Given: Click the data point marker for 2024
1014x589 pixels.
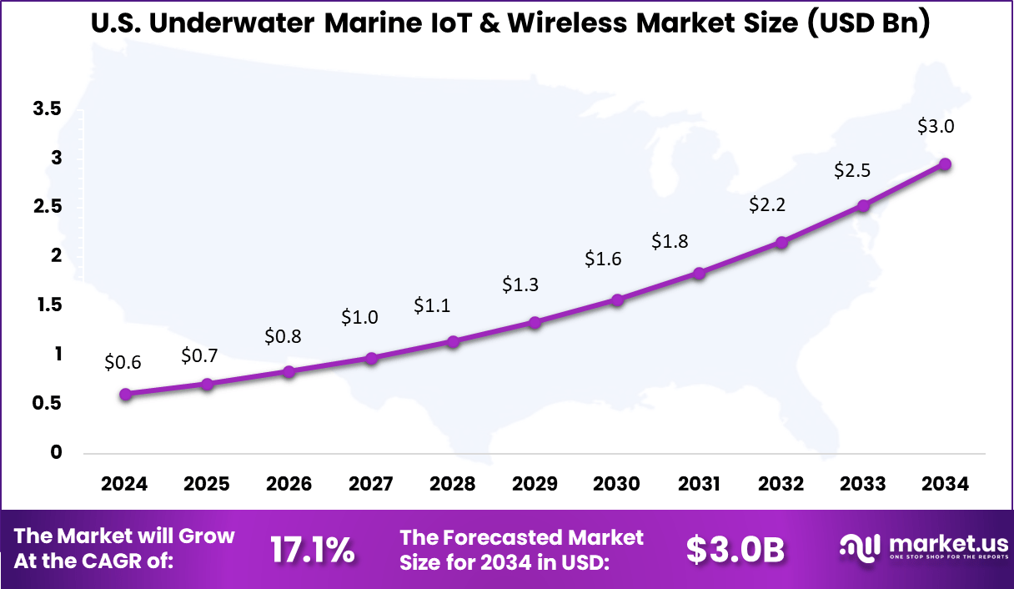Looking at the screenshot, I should (x=125, y=394).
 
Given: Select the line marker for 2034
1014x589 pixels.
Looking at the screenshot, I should (x=945, y=164).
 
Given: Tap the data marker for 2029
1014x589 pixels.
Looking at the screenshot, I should (x=535, y=322).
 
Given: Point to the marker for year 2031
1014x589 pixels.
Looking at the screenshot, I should (x=699, y=273).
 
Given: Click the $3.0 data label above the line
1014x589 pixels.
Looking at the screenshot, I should (x=935, y=127).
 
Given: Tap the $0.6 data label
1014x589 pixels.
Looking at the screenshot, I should (x=123, y=362).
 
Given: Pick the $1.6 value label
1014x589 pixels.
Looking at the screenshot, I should (x=603, y=259).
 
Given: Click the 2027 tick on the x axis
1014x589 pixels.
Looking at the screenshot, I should (x=370, y=484).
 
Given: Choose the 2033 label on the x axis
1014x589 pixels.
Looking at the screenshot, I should (x=863, y=484).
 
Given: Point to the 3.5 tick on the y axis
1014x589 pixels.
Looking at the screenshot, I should (x=48, y=108).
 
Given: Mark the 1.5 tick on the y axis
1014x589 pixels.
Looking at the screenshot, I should (x=48, y=305).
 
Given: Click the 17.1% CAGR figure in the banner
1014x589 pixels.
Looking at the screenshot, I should (x=313, y=550).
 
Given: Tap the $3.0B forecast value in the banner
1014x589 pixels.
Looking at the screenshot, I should (x=735, y=550).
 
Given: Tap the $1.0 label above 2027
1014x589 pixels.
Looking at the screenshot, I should (x=360, y=317).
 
